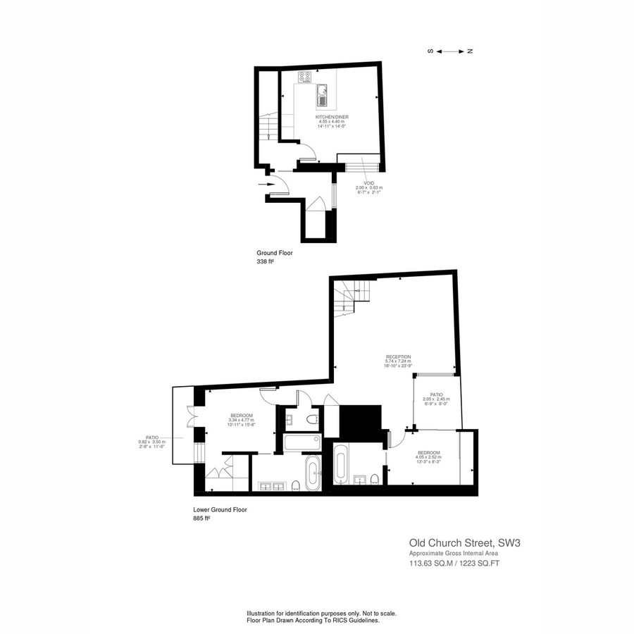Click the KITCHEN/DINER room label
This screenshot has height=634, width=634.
point(332,117)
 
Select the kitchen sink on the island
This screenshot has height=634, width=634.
point(322,90)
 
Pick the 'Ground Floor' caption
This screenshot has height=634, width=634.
point(274,252)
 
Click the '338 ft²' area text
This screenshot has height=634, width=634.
point(266,261)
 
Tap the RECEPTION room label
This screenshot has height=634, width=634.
point(398,357)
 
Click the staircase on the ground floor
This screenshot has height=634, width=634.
point(266,127)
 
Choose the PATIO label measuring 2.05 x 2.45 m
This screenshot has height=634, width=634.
point(436,394)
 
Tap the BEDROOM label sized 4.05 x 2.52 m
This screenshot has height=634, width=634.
point(429,452)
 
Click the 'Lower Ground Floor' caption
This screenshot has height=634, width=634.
point(220,509)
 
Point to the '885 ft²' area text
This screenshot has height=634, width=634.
point(201,518)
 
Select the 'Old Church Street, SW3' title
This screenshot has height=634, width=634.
point(465,543)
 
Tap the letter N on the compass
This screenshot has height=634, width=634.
point(470,51)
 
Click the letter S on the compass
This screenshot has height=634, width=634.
point(430,51)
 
